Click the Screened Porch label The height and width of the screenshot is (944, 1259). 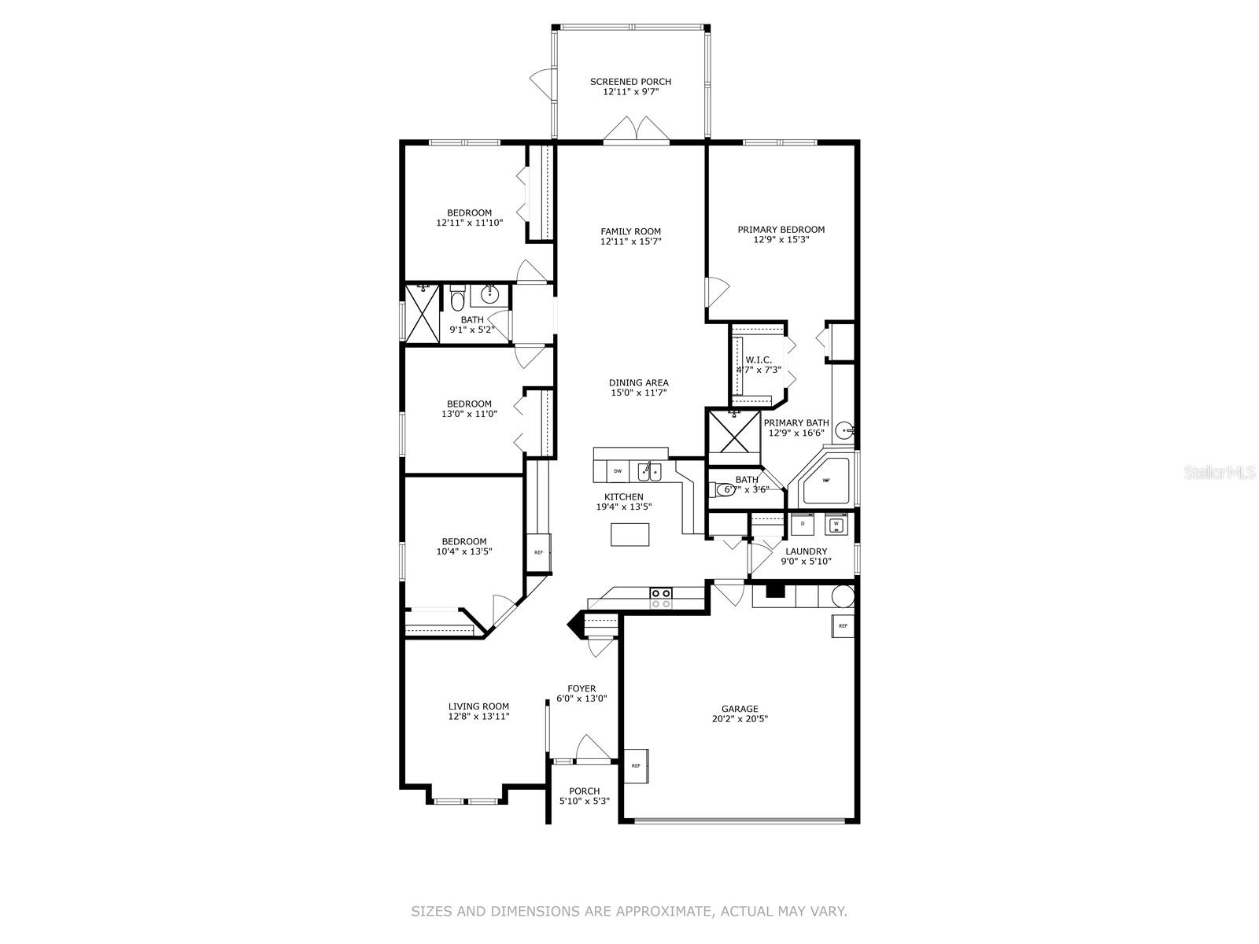coord(630,82)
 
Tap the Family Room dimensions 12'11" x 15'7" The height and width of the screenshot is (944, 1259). coord(630,242)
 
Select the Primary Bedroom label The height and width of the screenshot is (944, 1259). coord(781,230)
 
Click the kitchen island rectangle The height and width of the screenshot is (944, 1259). coord(630,534)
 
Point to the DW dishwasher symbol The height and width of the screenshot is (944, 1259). coord(618,471)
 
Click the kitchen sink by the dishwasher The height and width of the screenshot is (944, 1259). coord(649,472)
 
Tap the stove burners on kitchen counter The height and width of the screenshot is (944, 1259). coord(660,598)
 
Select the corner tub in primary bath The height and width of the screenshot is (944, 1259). coord(826,480)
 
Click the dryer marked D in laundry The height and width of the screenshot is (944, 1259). coord(802,523)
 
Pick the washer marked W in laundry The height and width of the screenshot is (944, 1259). coord(836,523)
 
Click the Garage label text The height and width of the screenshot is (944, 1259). coord(740,709)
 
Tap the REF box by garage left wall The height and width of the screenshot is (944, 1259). coord(636,765)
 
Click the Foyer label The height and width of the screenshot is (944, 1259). coord(582,689)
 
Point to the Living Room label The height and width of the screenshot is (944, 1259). coord(478,706)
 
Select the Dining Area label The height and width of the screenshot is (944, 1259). coord(639,383)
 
